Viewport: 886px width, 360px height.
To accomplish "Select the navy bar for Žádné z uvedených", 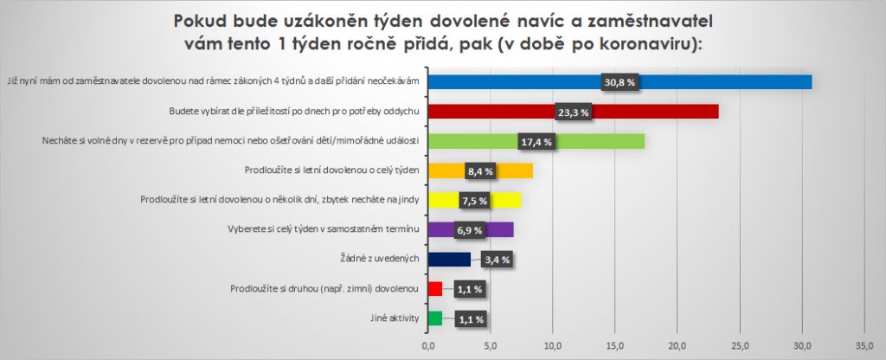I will (450, 259).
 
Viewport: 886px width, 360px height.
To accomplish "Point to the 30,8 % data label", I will (620, 82).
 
